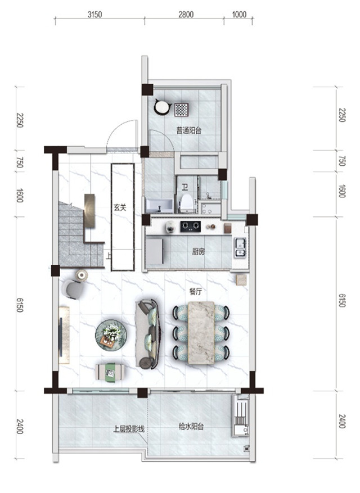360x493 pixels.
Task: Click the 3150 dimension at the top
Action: pyautogui.click(x=94, y=15)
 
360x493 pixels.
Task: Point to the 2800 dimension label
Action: pyautogui.click(x=186, y=15)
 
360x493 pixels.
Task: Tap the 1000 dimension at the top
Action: pyautogui.click(x=239, y=15)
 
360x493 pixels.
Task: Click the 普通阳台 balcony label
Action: pyautogui.click(x=188, y=130)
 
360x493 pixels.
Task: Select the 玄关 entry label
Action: pyautogui.click(x=120, y=207)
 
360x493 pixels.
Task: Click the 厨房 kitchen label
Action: pyautogui.click(x=199, y=251)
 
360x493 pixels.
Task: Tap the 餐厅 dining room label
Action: pyautogui.click(x=195, y=291)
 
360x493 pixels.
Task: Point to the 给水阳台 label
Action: pyautogui.click(x=191, y=427)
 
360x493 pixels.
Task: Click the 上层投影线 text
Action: pyautogui.click(x=129, y=429)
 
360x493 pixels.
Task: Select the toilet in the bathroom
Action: pyautogui.click(x=186, y=203)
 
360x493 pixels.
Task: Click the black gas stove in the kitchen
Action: pyautogui.click(x=190, y=227)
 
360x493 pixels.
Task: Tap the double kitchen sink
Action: pyautogui.click(x=240, y=248)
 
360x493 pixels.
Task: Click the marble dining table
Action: pyautogui.click(x=201, y=333)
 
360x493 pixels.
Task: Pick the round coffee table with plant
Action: pyautogui.click(x=111, y=334)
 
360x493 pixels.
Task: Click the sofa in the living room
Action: pyautogui.click(x=147, y=333)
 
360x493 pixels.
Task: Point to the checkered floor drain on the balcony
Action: pyautogui.click(x=182, y=110)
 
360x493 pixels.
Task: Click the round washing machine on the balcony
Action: pyautogui.click(x=162, y=107)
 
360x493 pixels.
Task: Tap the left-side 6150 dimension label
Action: pyautogui.click(x=20, y=304)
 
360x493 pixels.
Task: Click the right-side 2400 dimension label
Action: pyautogui.click(x=342, y=421)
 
